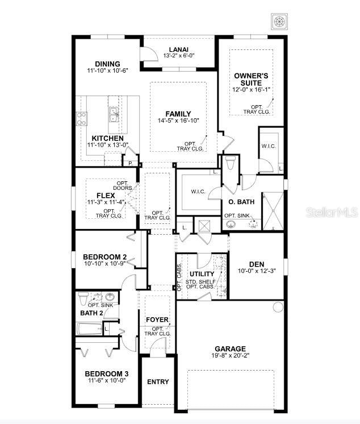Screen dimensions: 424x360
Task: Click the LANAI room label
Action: tap(179, 49)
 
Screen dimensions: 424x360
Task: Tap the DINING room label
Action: tap(108, 64)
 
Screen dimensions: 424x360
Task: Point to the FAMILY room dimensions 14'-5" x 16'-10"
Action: tap(178, 120)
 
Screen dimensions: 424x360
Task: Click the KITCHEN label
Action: tap(107, 138)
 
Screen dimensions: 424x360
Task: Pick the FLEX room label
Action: tap(106, 194)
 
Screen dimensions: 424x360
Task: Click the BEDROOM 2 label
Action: tap(104, 257)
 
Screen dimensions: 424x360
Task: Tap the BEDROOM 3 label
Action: tap(107, 373)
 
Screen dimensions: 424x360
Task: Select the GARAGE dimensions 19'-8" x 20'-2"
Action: tap(230, 356)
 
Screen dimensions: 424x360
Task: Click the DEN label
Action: tap(257, 264)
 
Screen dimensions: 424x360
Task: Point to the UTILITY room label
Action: tap(202, 274)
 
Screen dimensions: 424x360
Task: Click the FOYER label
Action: tap(157, 319)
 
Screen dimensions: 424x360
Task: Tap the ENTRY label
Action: tap(158, 382)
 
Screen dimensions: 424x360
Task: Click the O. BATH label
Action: tap(241, 201)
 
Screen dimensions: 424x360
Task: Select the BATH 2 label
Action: tap(91, 313)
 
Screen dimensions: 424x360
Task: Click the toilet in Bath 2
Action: tap(84, 297)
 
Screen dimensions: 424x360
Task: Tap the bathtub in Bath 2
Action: tap(89, 329)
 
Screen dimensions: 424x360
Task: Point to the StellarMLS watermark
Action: tap(332, 212)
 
